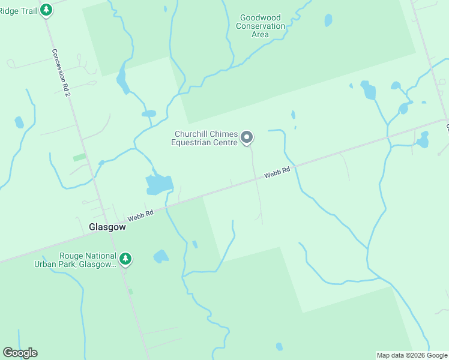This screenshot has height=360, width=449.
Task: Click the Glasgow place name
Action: pyautogui.click(x=107, y=227)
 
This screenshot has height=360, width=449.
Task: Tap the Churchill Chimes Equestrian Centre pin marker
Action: pyautogui.click(x=247, y=138)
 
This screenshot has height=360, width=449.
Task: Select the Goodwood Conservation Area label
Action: pyautogui.click(x=261, y=26)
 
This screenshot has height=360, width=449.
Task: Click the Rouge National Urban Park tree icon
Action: pyautogui.click(x=125, y=259)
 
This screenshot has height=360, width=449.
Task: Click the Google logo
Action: pyautogui.click(x=20, y=353)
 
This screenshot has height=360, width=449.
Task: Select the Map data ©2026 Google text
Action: pyautogui.click(x=412, y=355)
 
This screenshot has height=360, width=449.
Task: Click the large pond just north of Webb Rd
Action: pyautogui.click(x=159, y=184)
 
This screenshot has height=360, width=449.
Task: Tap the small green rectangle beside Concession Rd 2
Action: pyautogui.click(x=79, y=157)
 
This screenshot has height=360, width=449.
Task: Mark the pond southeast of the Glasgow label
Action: pyautogui.click(x=161, y=257)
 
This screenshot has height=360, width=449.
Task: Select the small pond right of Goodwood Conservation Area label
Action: pyautogui.click(x=328, y=20)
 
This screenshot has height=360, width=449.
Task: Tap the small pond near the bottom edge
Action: pyautogui.click(x=279, y=346)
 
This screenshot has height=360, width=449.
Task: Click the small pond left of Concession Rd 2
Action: pyautogui.click(x=19, y=122)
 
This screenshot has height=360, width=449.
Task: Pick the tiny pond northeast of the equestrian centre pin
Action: pyautogui.click(x=293, y=115)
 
